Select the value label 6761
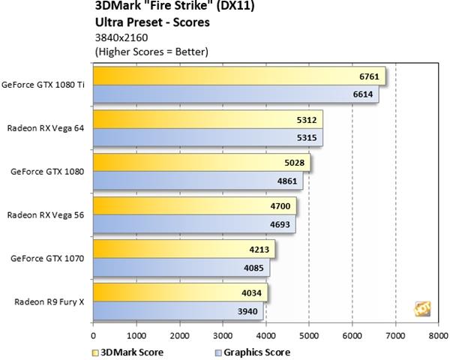[369, 76]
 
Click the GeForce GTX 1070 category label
[47, 257]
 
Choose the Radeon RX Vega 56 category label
[46, 214]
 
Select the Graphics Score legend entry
[251, 351]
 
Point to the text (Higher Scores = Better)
[151, 51]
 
